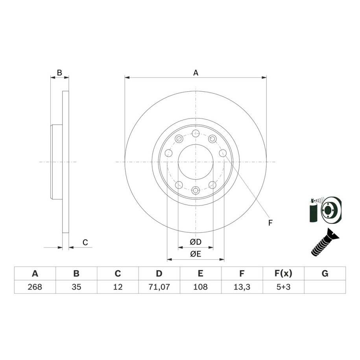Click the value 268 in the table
(x=35, y=287)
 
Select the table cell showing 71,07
(x=159, y=287)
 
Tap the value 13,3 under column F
(x=242, y=287)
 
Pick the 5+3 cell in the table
(x=284, y=287)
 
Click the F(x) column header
(x=284, y=273)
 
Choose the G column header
(x=325, y=273)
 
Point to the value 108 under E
(x=200, y=287)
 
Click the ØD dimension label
(x=196, y=242)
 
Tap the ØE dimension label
(x=196, y=254)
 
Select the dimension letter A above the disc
(x=196, y=73)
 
